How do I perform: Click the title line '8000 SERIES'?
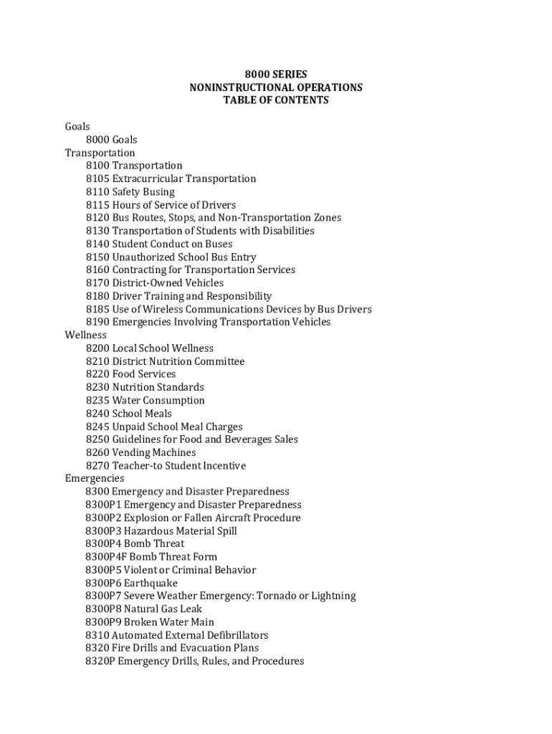point(276,75)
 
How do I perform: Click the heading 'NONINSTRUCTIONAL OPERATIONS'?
point(276,87)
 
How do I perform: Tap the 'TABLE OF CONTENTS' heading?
point(276,100)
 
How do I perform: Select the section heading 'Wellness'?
point(86,335)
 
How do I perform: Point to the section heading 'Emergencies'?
point(95,478)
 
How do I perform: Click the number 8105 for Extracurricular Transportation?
point(97,178)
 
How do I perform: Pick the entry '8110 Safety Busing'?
point(130,192)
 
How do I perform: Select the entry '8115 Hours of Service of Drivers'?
point(161,205)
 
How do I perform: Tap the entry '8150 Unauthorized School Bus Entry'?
point(171,257)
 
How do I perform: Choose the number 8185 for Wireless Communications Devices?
point(97,309)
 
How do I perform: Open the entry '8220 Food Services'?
point(130,374)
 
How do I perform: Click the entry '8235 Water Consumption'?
point(145,400)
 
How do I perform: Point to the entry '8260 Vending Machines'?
point(141,452)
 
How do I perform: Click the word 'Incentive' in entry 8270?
point(224,466)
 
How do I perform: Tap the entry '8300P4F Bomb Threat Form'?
point(151,557)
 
